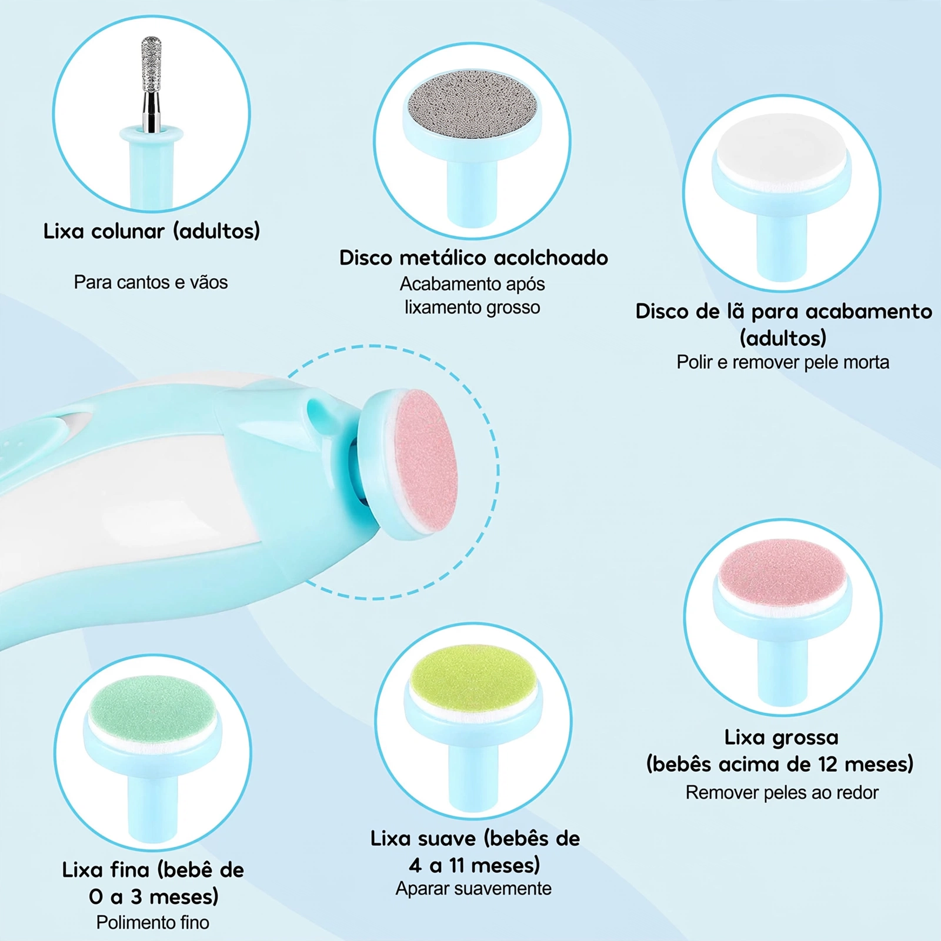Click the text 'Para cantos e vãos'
151,282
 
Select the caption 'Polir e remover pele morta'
783,362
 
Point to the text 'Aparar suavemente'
473,888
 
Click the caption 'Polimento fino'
153,922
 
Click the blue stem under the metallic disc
473,194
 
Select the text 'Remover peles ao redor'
782,793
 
